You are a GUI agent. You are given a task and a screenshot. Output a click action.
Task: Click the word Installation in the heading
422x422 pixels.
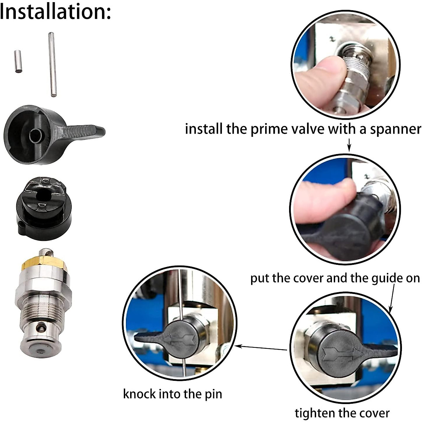(55, 11)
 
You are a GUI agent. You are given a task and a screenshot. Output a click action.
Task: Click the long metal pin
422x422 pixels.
(52, 64)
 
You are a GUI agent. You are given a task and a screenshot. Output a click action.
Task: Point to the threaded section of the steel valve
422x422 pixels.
(43, 309)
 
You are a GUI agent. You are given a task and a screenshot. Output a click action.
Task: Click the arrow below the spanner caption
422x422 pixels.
(349, 145)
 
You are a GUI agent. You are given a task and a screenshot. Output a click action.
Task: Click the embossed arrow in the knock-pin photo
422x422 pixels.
(179, 339)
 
